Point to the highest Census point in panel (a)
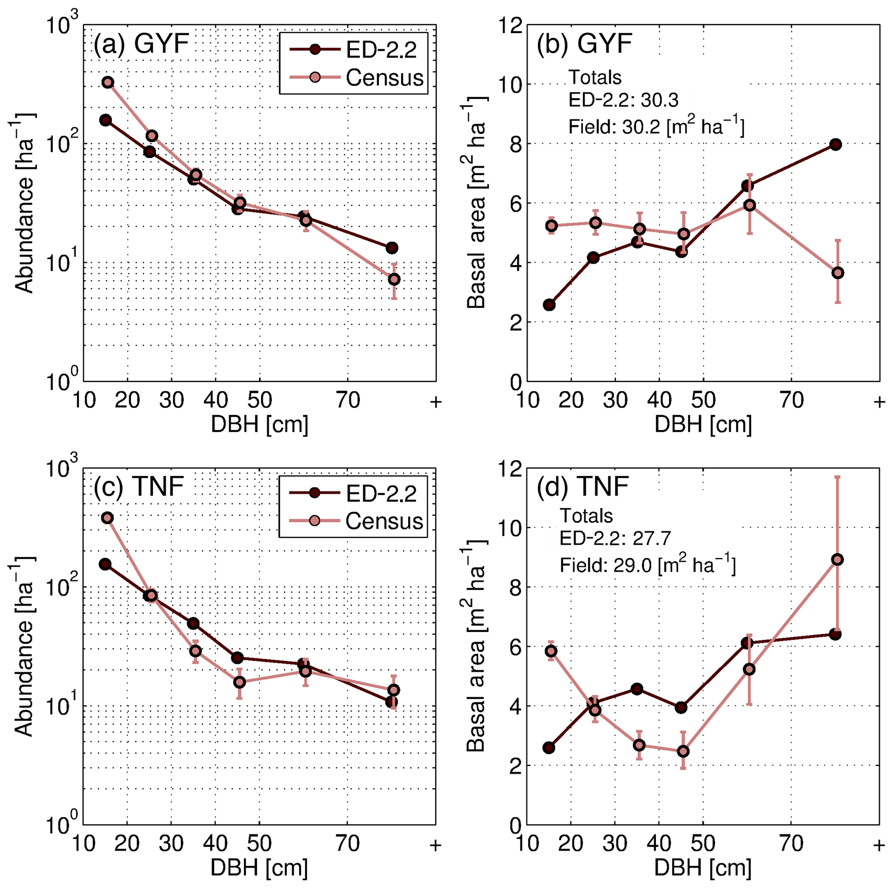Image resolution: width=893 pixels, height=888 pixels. [x=108, y=82]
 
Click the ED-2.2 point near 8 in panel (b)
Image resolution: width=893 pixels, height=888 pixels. [x=835, y=145]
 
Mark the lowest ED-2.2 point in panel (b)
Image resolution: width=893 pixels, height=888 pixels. [x=550, y=304]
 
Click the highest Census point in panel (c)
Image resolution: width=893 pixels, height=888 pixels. [x=108, y=518]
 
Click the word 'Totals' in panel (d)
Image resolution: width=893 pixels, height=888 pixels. [x=586, y=516]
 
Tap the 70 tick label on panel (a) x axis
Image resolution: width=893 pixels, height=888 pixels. [x=348, y=400]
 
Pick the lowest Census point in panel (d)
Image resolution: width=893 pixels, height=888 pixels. [x=683, y=752]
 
